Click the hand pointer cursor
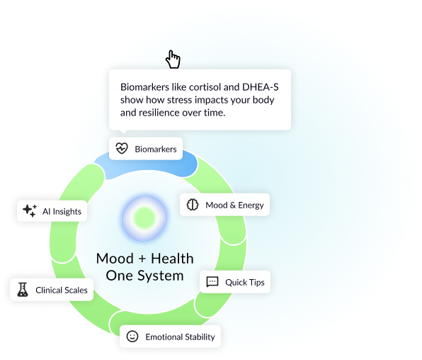tap(173, 60)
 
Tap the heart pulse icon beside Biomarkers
tap(122, 149)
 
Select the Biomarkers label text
tap(156, 149)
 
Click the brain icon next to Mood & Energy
tap(193, 205)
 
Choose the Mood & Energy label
tap(234, 206)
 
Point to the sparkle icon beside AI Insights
tap(30, 210)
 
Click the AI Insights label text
tap(62, 212)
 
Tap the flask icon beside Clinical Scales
tap(23, 290)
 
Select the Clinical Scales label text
tap(62, 291)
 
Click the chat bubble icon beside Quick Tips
tap(212, 282)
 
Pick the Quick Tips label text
tap(245, 282)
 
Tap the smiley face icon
tap(132, 337)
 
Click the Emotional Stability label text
tap(180, 337)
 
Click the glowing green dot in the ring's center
tap(144, 218)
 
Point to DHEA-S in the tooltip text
tap(261, 87)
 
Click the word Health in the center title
tap(172, 259)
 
